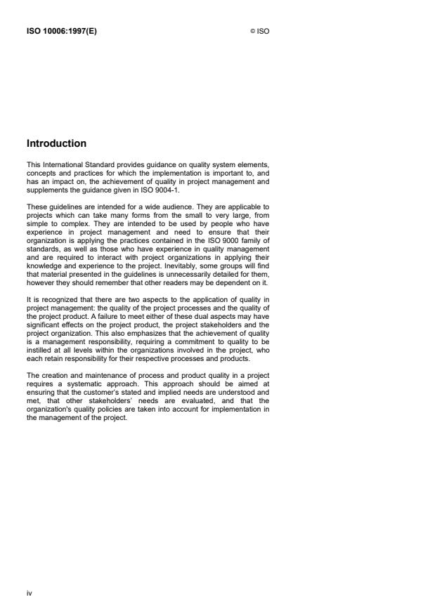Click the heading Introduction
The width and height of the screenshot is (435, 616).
coord(56,143)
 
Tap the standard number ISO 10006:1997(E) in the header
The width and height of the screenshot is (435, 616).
coord(61,31)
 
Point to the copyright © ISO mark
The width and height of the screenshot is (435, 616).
coord(260,31)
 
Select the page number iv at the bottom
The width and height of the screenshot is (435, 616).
coord(30,593)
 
